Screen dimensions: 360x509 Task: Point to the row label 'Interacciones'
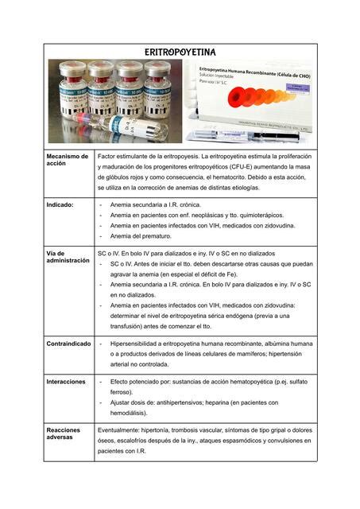coord(66,382)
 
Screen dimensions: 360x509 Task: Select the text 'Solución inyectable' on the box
coord(220,78)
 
